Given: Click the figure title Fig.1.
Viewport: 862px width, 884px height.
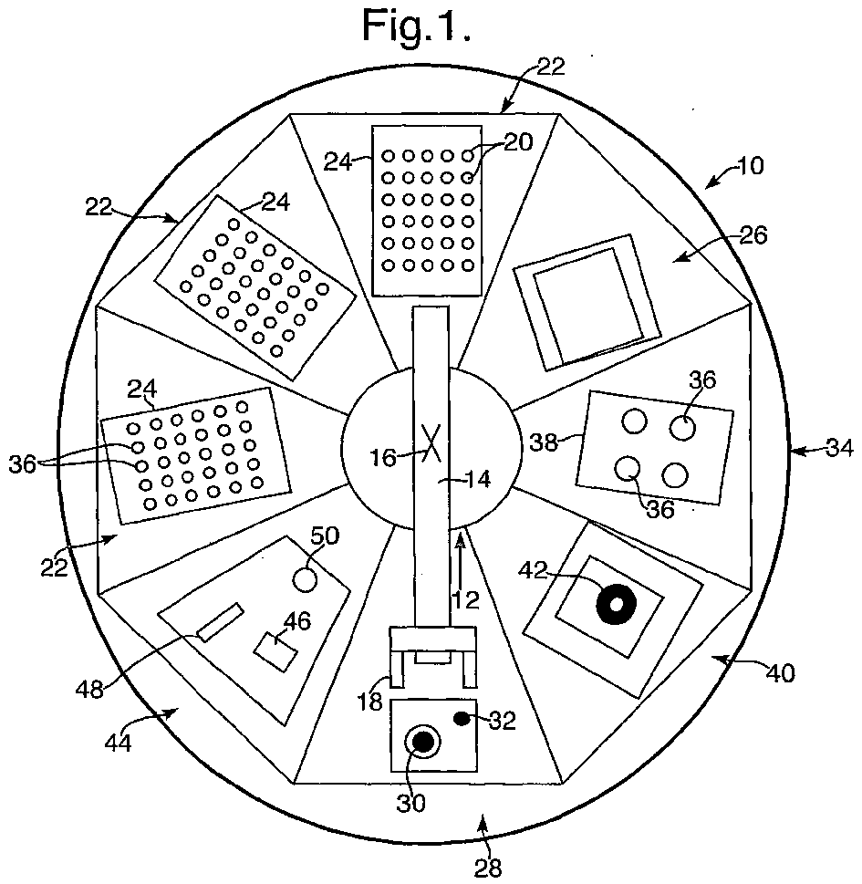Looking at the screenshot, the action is [x=416, y=26].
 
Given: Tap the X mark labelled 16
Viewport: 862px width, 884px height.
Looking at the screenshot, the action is [x=431, y=443].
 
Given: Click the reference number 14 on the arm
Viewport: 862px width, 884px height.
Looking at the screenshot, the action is [x=477, y=480].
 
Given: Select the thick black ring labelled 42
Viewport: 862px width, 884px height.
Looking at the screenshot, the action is [x=616, y=604].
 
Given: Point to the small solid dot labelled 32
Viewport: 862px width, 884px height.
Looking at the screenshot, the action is [x=462, y=719].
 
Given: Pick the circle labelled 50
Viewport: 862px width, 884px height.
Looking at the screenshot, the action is [x=306, y=579].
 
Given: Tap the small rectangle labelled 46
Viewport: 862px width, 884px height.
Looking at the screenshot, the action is [x=275, y=652].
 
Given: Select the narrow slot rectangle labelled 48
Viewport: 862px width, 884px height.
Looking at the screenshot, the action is [x=221, y=622].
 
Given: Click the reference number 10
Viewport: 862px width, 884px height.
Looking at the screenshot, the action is [x=751, y=165].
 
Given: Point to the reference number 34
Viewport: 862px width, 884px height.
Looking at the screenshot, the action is [x=841, y=449].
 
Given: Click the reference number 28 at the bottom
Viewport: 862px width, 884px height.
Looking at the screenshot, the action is [x=488, y=868].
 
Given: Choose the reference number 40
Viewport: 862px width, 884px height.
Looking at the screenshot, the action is [x=781, y=672].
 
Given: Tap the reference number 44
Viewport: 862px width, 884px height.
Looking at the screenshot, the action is [x=119, y=743].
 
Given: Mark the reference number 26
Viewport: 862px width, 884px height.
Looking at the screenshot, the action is [x=753, y=235].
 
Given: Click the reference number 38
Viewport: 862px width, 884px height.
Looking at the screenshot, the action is [x=544, y=442].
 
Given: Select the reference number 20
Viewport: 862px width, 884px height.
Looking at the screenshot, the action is [x=518, y=142].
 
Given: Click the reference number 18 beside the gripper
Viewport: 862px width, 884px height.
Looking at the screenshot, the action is [x=369, y=702].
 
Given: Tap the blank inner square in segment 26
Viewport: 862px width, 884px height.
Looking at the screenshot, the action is [x=589, y=305].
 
